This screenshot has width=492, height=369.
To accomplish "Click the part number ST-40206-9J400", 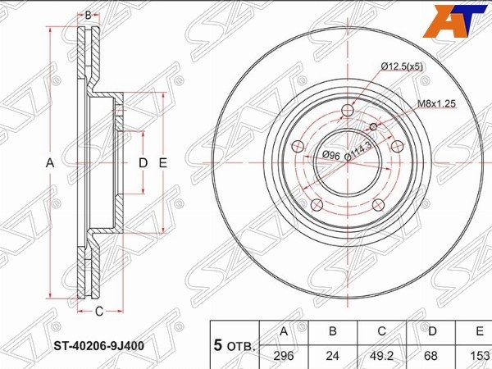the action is click(x=99, y=346).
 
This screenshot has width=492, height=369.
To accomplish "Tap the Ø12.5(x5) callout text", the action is click(x=402, y=66).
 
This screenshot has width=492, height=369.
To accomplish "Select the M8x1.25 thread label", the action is click(x=436, y=104).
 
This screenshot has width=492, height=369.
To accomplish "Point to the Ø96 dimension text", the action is click(x=331, y=154).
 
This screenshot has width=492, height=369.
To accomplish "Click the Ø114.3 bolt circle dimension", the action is click(x=358, y=151).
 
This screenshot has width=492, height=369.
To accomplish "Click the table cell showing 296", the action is click(x=284, y=356).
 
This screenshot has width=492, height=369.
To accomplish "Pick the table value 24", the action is click(x=333, y=356).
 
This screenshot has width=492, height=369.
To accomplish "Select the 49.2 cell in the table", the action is click(x=381, y=356).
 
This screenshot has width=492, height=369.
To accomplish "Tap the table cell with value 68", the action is click(x=430, y=356).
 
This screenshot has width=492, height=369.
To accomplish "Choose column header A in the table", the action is click(x=284, y=331).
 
